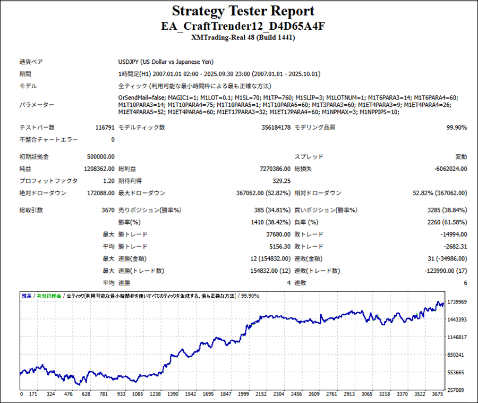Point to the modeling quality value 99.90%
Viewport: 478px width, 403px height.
point(456,128)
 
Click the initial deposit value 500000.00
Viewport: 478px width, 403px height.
point(100,157)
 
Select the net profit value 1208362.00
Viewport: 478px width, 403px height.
point(99,169)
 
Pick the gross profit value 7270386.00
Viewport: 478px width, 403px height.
point(274,169)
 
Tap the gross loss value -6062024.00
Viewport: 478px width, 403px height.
point(449,169)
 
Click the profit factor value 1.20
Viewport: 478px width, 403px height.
point(109,181)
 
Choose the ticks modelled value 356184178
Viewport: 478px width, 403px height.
point(276,128)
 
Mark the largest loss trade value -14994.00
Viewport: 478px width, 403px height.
point(453,234)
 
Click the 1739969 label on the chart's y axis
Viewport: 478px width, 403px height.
point(457,302)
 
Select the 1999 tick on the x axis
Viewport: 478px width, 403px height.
point(244,394)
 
